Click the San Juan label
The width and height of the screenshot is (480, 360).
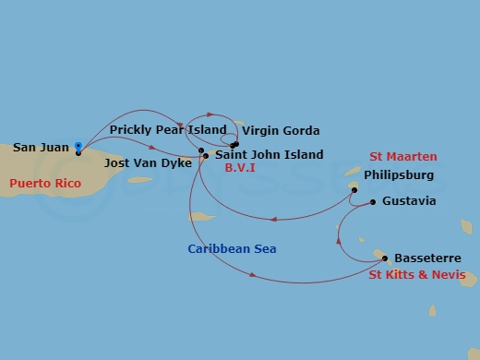pos(41,148)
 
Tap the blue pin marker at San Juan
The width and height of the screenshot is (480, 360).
pos(78,146)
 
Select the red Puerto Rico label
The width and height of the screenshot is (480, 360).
pos(46,184)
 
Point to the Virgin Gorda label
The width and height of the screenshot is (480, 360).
pos(281,131)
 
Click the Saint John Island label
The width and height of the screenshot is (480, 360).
pos(269,155)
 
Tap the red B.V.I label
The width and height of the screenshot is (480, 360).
pos(240,168)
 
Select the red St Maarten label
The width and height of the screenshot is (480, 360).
pos(403,157)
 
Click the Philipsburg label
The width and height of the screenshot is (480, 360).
pos(399,174)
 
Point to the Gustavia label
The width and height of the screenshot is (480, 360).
pos(408,201)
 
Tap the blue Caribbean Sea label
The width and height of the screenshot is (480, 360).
pos(232,249)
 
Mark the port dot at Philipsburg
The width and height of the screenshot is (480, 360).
pos(354,190)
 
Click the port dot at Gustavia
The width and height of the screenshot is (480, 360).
pos(373,201)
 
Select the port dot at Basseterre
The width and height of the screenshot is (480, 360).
pos(384,258)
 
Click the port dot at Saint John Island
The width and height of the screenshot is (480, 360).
pos(205,156)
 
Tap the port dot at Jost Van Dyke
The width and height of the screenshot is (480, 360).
pos(200,150)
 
